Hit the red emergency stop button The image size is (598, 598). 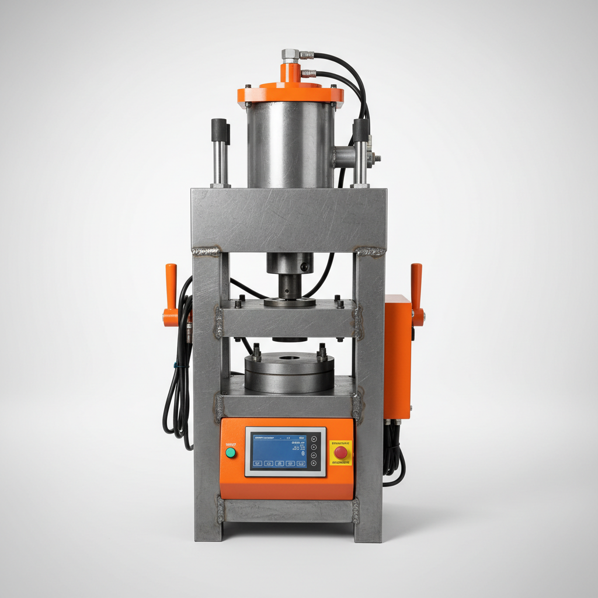(x=340, y=452)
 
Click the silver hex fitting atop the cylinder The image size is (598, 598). (x=290, y=55)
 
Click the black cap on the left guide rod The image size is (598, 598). (x=220, y=128)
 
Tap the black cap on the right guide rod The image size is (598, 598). (x=360, y=130)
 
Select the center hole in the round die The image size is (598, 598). (x=289, y=358)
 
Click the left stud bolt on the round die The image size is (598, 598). (x=256, y=352)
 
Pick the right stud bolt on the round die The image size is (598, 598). (x=322, y=352)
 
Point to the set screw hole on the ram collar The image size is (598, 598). (x=304, y=266)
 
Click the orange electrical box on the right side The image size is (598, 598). (x=398, y=356)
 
